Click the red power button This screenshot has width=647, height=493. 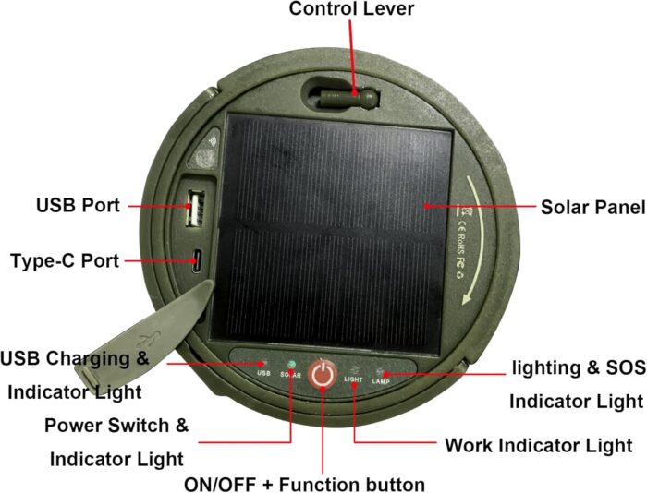(321, 374)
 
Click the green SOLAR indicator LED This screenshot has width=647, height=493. (290, 364)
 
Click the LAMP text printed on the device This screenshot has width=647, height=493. (381, 381)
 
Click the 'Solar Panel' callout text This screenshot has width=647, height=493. (592, 206)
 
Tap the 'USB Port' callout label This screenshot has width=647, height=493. (78, 205)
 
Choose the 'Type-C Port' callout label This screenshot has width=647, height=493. (65, 260)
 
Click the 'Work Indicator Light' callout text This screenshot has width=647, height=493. (539, 445)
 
